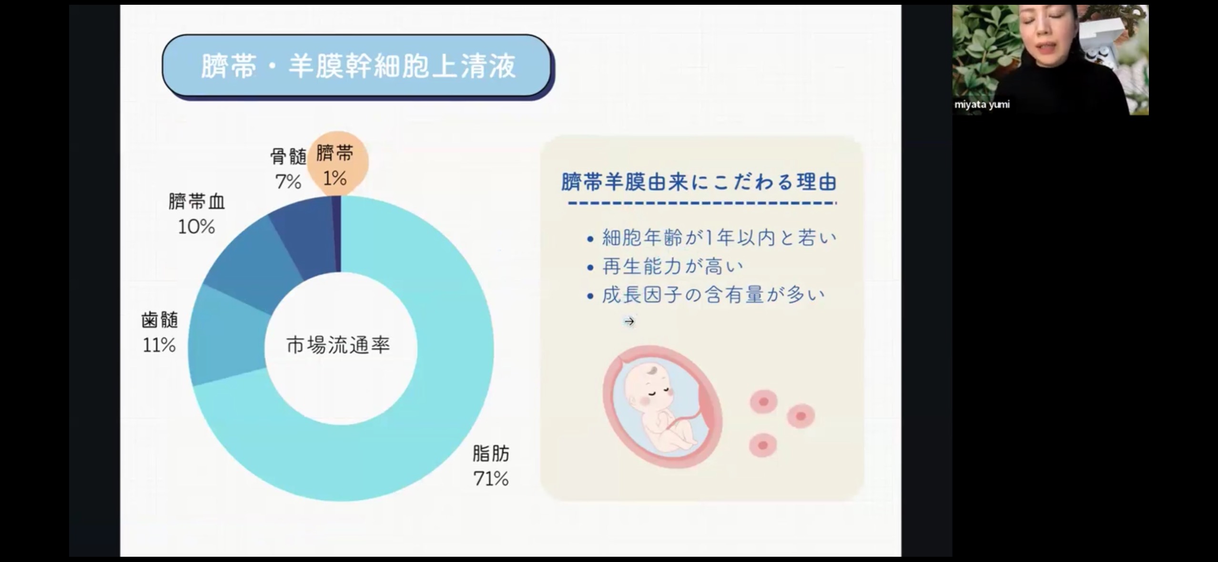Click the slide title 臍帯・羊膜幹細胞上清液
point(358,66)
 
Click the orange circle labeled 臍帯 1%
point(337,163)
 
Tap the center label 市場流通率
point(338,345)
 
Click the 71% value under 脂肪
point(491,479)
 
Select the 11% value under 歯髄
point(159,345)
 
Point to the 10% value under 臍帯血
point(196,226)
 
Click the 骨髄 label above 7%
point(288,156)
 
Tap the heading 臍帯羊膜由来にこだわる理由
point(699,182)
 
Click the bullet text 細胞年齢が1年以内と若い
point(720,238)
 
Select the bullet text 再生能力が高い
point(672,266)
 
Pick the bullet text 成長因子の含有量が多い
point(713,295)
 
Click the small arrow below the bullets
point(629,322)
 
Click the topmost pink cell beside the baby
point(763,402)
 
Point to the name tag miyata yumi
point(982,104)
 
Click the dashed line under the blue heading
point(702,204)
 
